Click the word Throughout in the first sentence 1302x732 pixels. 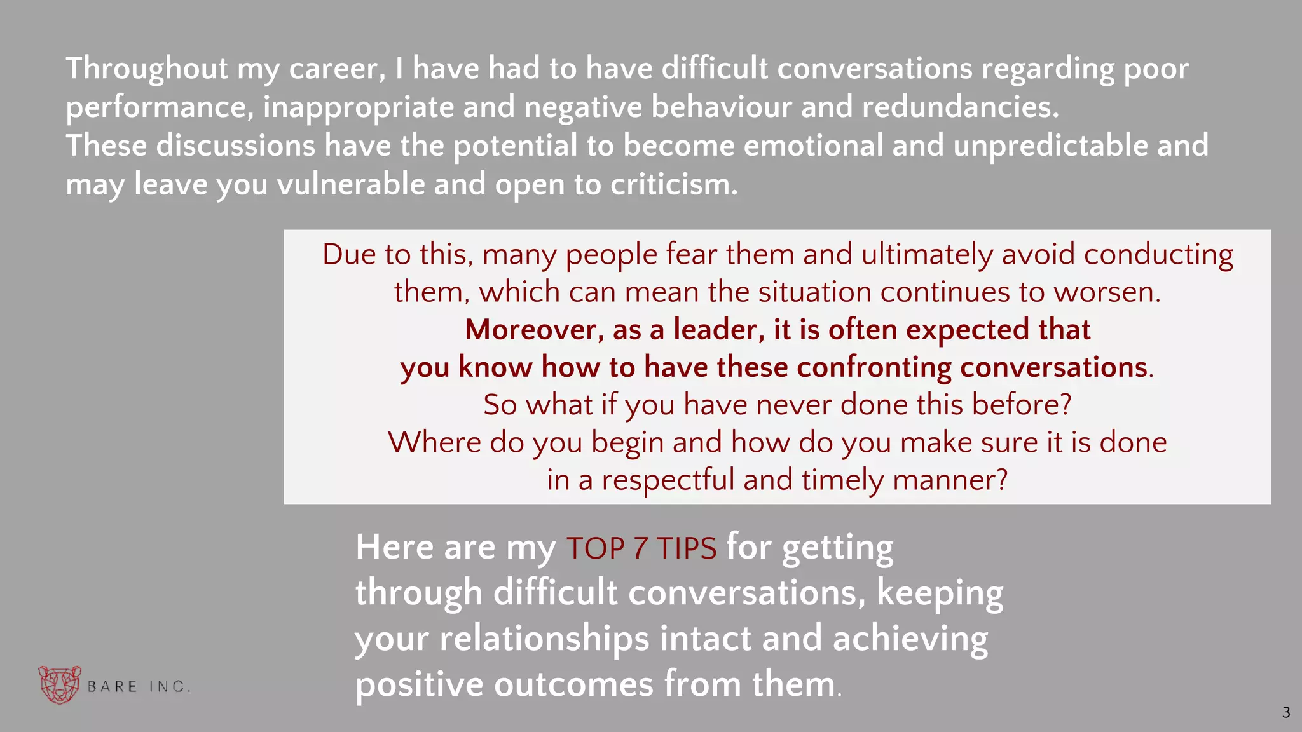pyautogui.click(x=147, y=69)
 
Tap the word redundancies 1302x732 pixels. pyautogui.click(x=960, y=107)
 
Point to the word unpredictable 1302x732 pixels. pyautogui.click(x=1051, y=146)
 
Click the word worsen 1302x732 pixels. pyautogui.click(x=1107, y=292)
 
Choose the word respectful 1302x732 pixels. pyautogui.click(x=668, y=480)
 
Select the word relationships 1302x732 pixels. pyautogui.click(x=544, y=639)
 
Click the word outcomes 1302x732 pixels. pyautogui.click(x=573, y=684)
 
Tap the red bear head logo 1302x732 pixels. pyautogui.click(x=60, y=684)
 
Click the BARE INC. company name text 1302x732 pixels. pyautogui.click(x=139, y=687)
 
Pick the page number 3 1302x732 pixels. pyautogui.click(x=1286, y=713)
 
